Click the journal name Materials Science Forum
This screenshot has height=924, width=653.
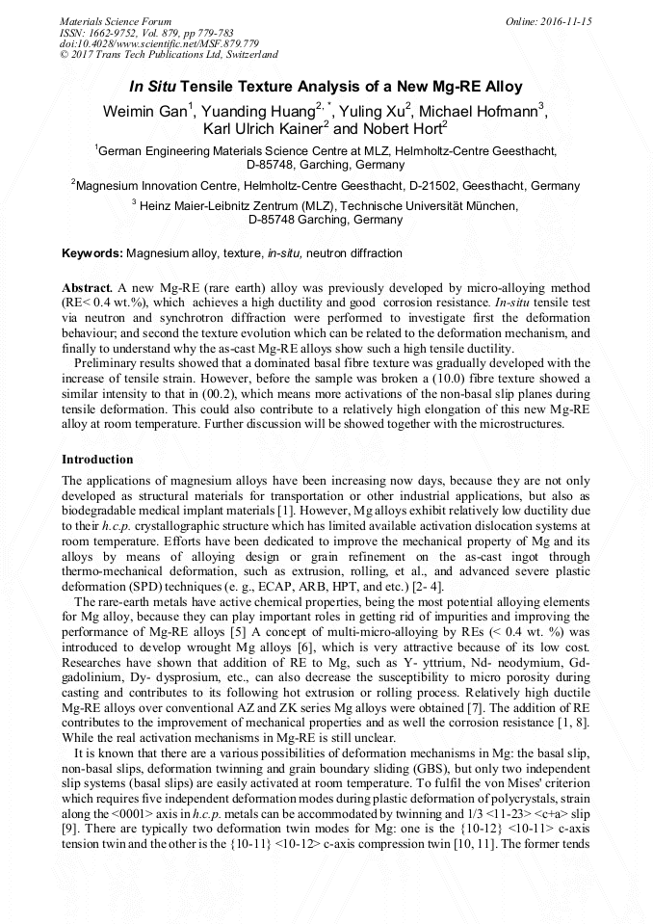(116, 20)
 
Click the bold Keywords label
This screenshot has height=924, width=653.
(92, 253)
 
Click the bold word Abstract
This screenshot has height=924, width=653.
(87, 289)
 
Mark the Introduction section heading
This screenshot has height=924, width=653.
(97, 460)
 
